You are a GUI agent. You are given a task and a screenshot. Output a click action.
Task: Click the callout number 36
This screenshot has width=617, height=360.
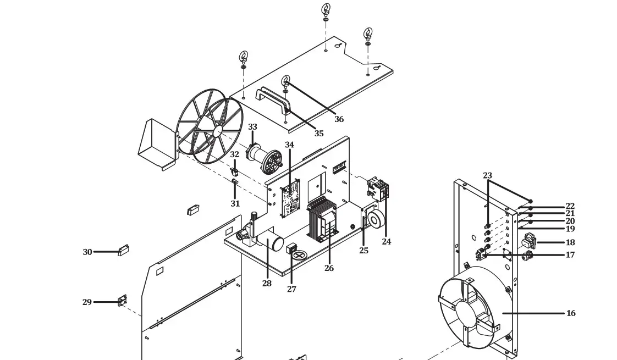tap(339, 119)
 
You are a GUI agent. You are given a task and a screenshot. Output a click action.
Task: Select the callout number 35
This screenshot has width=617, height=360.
tap(319, 134)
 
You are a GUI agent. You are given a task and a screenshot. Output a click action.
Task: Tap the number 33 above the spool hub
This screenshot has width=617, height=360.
tap(252, 127)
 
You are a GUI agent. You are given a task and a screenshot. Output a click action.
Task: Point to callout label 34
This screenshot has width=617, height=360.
tap(289, 145)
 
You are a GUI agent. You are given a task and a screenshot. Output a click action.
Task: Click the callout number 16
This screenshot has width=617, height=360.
tap(571, 313)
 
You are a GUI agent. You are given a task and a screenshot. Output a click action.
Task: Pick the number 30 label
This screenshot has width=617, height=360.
tap(87, 252)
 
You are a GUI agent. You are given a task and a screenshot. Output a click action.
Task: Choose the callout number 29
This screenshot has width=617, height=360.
tap(87, 302)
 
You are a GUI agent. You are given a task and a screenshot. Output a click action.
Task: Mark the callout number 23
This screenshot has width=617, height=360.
tap(487, 176)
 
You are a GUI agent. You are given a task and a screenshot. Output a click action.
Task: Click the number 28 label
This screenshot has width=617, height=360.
tap(267, 284)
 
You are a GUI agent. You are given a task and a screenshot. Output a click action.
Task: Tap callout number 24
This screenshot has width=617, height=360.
tap(387, 242)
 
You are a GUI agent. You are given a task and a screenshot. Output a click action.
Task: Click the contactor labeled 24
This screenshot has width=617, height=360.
tap(378, 189)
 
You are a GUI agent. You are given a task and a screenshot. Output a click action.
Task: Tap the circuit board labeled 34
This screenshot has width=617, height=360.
tap(290, 197)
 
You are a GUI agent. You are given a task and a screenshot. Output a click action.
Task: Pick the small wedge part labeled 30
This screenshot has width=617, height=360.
tap(124, 251)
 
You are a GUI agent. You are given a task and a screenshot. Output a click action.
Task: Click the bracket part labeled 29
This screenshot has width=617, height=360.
tap(122, 301)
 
